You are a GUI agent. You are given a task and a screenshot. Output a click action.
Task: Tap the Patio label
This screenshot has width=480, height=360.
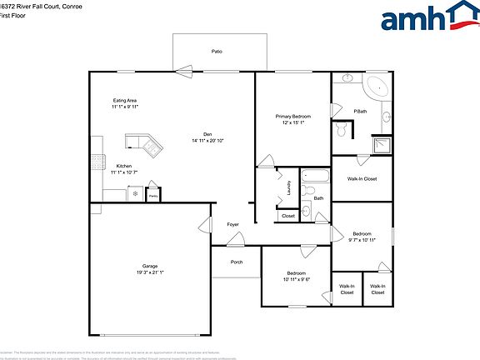(217, 52)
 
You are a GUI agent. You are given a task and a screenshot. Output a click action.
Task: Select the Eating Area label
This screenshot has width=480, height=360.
(124, 101)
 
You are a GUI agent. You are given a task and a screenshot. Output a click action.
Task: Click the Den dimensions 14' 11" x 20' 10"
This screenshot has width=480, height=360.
(208, 141)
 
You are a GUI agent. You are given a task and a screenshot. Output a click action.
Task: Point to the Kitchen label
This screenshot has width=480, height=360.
(123, 166)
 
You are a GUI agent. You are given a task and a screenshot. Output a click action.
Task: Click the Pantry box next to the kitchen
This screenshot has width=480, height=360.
(153, 194)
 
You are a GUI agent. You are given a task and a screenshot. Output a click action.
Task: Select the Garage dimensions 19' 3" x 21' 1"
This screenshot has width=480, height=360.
(150, 272)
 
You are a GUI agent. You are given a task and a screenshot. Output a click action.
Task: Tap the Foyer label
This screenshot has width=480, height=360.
(233, 225)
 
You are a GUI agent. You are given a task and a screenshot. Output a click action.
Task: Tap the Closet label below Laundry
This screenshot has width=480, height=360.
(287, 216)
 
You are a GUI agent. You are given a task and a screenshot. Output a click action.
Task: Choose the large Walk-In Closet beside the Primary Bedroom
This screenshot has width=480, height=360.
(362, 178)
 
